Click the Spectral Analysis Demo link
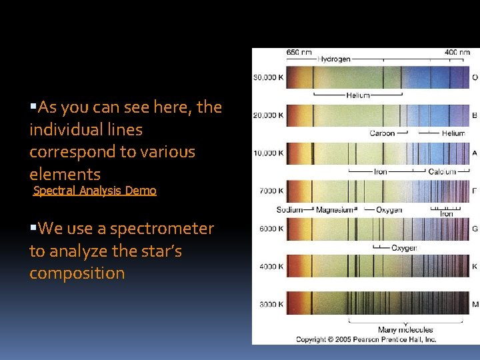tap(95, 191)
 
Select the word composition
tap(77, 273)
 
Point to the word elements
tap(65, 175)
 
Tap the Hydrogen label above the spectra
tap(334, 59)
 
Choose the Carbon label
tap(382, 133)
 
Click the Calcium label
tap(442, 172)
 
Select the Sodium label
tap(289, 210)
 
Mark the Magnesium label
tap(334, 210)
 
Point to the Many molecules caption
tap(405, 329)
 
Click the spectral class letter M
tap(475, 304)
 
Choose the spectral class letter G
tap(475, 229)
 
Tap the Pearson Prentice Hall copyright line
tap(366, 339)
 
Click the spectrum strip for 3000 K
tap(378, 304)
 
